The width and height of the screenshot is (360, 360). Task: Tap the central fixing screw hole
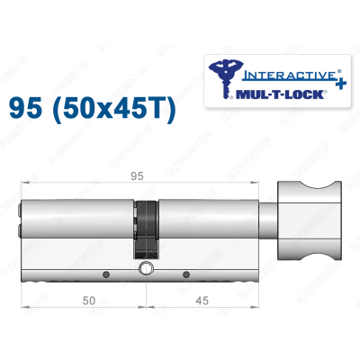145,269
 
